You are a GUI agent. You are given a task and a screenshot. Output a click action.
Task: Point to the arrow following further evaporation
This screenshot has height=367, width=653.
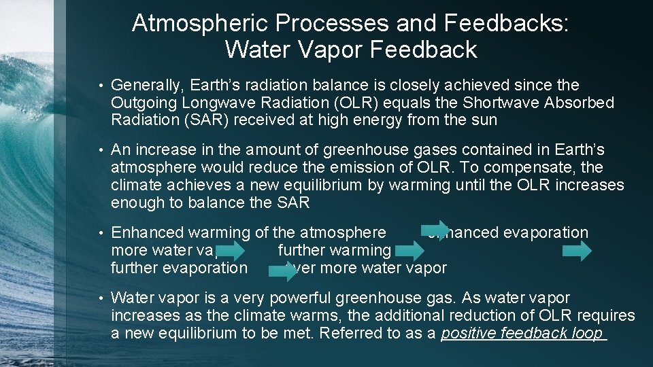282,270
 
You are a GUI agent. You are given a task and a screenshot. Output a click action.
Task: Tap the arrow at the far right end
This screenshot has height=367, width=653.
577,251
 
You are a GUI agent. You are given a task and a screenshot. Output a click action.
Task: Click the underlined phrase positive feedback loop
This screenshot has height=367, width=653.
522,333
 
